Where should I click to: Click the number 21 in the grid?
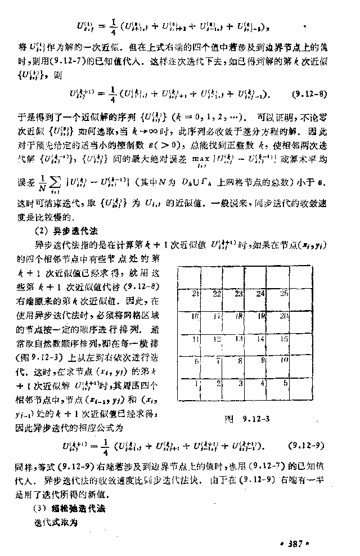point(195,293)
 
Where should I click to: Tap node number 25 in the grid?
point(284,293)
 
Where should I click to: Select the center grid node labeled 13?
point(240,339)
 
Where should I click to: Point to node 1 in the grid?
point(196,384)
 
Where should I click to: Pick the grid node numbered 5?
point(285,384)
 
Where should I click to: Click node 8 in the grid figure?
point(240,361)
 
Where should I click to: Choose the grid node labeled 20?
point(284,316)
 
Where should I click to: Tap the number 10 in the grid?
point(284,360)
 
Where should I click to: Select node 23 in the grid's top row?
point(238,293)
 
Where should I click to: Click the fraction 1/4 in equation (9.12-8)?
point(112,93)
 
